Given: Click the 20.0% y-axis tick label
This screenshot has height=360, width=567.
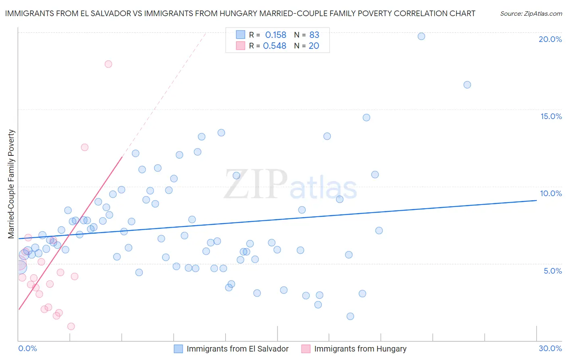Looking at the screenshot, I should pyautogui.click(x=550, y=39).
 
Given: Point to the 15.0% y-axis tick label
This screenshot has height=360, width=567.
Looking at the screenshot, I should pyautogui.click(x=551, y=116).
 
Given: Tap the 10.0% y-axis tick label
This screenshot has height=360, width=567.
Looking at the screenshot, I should pyautogui.click(x=551, y=193).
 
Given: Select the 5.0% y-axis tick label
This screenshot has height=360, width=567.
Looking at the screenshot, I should pyautogui.click(x=552, y=271).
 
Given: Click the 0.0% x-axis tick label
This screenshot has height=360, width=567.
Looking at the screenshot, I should pyautogui.click(x=27, y=348).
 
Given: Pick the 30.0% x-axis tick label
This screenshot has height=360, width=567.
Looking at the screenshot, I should pyautogui.click(x=550, y=348).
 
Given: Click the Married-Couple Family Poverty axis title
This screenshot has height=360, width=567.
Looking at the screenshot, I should pyautogui.click(x=11, y=184).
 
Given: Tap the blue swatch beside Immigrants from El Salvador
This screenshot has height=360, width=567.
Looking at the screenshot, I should pyautogui.click(x=179, y=349).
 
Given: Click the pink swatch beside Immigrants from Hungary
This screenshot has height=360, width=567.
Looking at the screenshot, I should pyautogui.click(x=306, y=349).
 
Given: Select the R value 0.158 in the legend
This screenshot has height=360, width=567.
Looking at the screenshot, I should pyautogui.click(x=275, y=35).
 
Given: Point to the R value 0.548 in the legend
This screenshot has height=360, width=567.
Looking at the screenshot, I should pyautogui.click(x=274, y=46).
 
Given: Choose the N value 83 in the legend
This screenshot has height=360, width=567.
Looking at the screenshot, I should pyautogui.click(x=314, y=35).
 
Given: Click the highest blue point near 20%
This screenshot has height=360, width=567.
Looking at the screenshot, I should pyautogui.click(x=421, y=36).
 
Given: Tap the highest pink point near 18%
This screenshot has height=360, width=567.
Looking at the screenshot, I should pyautogui.click(x=108, y=64).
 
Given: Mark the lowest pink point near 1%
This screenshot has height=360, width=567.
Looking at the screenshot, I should pyautogui.click(x=71, y=326).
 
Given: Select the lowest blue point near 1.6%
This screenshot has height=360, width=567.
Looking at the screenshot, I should pyautogui.click(x=350, y=316).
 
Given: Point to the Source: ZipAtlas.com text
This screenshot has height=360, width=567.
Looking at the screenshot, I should pyautogui.click(x=531, y=13).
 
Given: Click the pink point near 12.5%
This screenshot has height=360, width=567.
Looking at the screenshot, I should pyautogui.click(x=85, y=147).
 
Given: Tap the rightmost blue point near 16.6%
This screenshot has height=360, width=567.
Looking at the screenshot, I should pyautogui.click(x=467, y=85).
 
